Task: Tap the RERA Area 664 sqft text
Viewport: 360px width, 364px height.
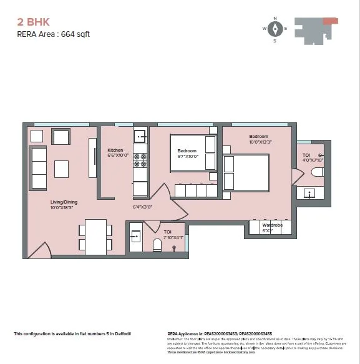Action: click(53, 34)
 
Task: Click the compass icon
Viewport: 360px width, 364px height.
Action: click(275, 29)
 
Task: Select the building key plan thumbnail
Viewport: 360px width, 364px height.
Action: click(316, 29)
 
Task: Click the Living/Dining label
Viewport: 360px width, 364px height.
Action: click(64, 205)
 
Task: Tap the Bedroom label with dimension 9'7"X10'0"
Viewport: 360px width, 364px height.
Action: click(187, 154)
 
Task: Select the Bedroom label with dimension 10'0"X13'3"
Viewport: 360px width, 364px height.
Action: click(258, 139)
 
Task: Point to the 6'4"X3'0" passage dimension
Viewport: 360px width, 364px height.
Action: click(142, 207)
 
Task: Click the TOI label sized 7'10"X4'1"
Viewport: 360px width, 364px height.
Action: click(168, 234)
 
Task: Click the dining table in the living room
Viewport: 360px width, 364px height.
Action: click(95, 237)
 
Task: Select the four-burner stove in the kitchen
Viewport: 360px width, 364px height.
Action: click(140, 159)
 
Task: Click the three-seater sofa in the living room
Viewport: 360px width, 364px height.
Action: click(39, 160)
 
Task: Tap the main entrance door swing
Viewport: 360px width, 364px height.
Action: click(39, 250)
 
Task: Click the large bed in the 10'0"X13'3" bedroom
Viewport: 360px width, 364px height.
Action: click(246, 173)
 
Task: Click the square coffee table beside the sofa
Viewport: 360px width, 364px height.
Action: click(61, 169)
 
